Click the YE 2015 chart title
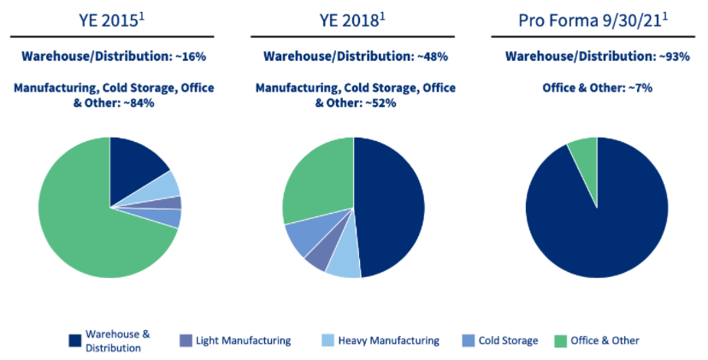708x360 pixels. coord(110,20)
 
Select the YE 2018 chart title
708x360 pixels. coord(352,20)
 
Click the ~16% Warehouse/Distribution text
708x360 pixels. coord(110,56)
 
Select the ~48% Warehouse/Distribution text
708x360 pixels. coord(352,56)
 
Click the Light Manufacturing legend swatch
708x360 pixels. coord(186,340)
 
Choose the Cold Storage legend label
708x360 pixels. coord(509,340)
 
